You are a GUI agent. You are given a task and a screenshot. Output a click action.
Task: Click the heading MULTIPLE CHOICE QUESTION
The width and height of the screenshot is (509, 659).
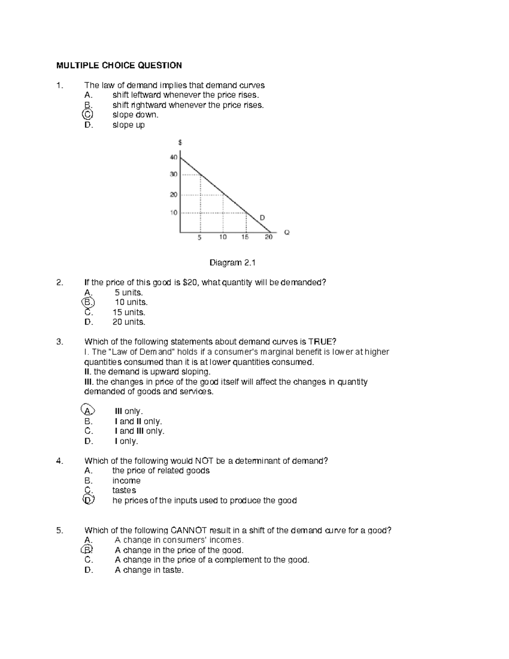[119, 65]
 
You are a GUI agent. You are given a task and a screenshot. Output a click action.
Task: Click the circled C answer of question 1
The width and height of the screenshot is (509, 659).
[87, 115]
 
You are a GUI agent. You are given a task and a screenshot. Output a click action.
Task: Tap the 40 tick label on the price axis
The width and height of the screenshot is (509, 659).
[173, 157]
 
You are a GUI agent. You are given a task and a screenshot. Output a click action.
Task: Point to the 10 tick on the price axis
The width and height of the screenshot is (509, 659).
[173, 213]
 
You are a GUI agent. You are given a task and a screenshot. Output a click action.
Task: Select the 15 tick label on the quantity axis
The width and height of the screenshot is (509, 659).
[245, 237]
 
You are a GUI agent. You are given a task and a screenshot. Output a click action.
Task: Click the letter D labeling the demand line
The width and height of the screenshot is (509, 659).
[262, 218]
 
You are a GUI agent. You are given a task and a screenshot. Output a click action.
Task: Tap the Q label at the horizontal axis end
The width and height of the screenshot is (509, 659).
[287, 233]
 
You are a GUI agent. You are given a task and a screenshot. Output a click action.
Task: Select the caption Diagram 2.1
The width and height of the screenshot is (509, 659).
[232, 263]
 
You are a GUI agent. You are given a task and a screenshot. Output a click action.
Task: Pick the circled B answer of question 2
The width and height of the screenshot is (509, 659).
[88, 302]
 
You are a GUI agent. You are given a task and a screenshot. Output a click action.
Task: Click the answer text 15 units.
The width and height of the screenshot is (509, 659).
[129, 312]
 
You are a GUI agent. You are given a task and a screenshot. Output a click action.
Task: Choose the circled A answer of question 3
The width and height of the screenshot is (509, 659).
[87, 411]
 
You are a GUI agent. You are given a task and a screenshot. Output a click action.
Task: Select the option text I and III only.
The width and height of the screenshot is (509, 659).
[139, 431]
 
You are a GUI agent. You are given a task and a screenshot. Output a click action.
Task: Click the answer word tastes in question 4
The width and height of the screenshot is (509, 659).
[124, 491]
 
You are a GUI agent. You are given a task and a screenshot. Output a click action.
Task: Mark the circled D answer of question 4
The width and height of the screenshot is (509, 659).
[88, 500]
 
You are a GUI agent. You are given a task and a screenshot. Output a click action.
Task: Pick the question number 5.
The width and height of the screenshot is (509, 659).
[59, 530]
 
